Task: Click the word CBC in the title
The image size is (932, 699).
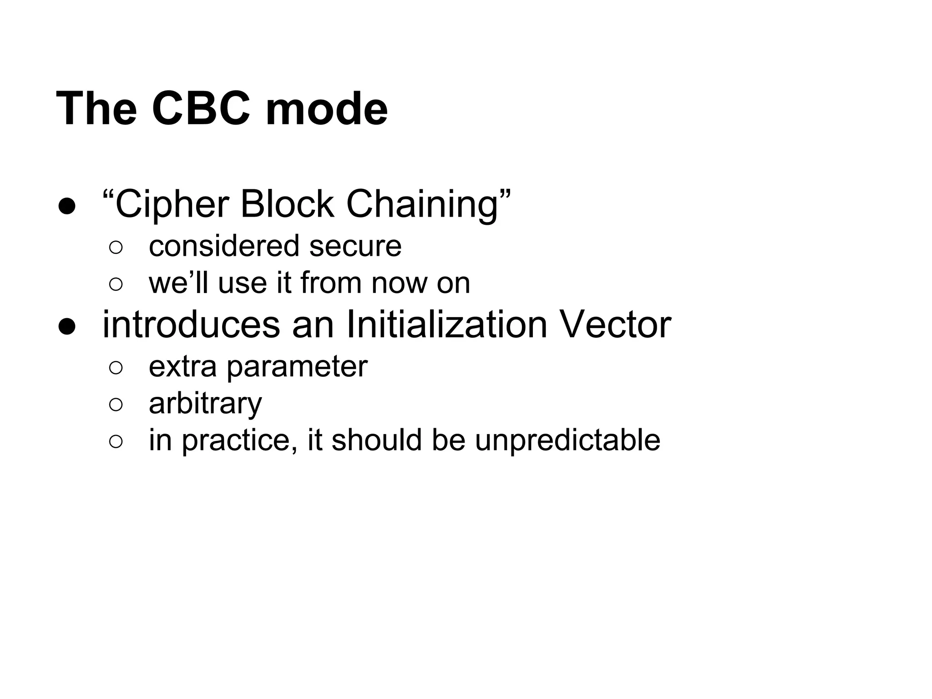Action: coord(201,109)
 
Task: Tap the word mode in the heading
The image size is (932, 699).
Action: coord(326,109)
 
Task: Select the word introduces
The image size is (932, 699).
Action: coord(191,325)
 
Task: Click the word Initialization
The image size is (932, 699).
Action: coord(446,325)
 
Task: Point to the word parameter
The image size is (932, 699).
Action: coord(297,367)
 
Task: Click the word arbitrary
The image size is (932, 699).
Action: coord(205,404)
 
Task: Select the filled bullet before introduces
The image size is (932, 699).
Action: coord(66,327)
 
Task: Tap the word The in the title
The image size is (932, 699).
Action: coord(96,109)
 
